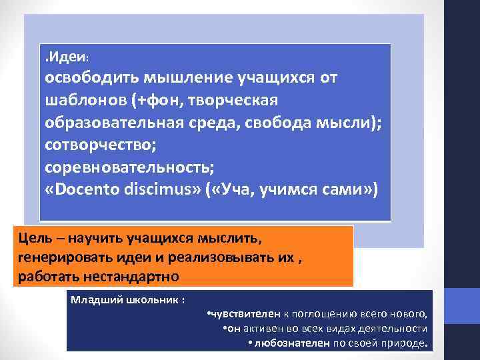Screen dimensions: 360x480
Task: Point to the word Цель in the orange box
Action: click(33, 237)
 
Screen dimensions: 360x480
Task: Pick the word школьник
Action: click(153, 300)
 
